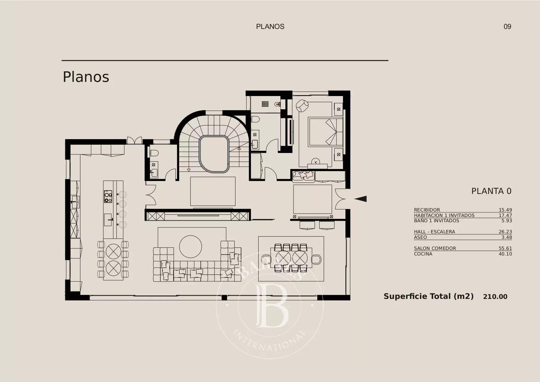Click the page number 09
pyautogui.click(x=507, y=27)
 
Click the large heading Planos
pyautogui.click(x=86, y=77)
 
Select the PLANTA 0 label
pyautogui.click(x=491, y=191)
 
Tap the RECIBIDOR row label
pyautogui.click(x=427, y=210)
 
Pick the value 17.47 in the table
pyautogui.click(x=505, y=215)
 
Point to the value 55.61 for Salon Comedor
pyautogui.click(x=505, y=248)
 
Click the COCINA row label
pyautogui.click(x=423, y=254)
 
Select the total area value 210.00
pyautogui.click(x=495, y=297)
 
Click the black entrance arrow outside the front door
pyautogui.click(x=361, y=199)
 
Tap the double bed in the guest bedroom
pyautogui.click(x=326, y=131)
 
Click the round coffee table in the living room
pyautogui.click(x=191, y=246)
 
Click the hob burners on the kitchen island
pyautogui.click(x=108, y=196)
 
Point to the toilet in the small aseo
pyautogui.click(x=154, y=153)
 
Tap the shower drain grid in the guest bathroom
pyautogui.click(x=265, y=104)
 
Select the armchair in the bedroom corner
pyautogui.click(x=302, y=106)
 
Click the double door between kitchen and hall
pyautogui.click(x=151, y=195)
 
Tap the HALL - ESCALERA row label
pyautogui.click(x=434, y=232)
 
